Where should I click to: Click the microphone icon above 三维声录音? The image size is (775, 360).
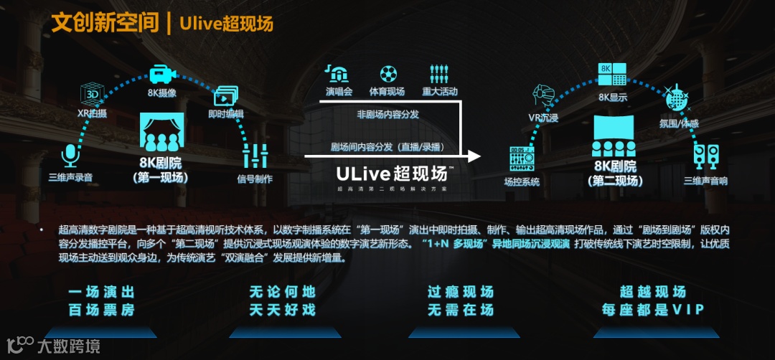point(70,155)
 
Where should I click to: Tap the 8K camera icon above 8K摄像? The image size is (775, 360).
point(162,75)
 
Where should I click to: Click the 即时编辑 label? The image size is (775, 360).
point(225,114)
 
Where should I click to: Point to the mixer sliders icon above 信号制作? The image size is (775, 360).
point(255,156)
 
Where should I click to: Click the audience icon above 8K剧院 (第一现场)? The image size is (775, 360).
point(161,131)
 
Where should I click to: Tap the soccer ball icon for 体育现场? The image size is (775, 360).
point(387,74)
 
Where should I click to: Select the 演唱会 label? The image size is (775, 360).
point(339,92)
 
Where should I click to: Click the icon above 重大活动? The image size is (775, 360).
point(438,74)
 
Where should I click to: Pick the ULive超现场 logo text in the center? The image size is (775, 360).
point(391,174)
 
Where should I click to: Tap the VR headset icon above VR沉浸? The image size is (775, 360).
point(543,95)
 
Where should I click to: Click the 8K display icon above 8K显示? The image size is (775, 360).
point(613,75)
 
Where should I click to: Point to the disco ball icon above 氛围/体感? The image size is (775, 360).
point(677,98)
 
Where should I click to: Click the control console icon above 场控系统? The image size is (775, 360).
point(522,158)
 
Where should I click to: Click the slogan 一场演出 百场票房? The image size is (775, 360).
point(101,301)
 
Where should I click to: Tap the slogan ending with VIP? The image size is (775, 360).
point(653,301)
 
